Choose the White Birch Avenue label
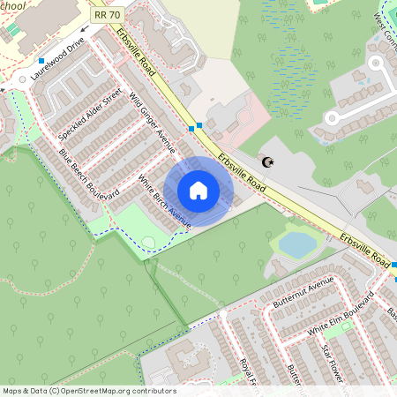[165, 202]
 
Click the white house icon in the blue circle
[198, 190]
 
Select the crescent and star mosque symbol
[266, 161]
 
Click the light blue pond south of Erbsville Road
[298, 244]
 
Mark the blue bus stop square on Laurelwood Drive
[41, 61]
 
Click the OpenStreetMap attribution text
[88, 391]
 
